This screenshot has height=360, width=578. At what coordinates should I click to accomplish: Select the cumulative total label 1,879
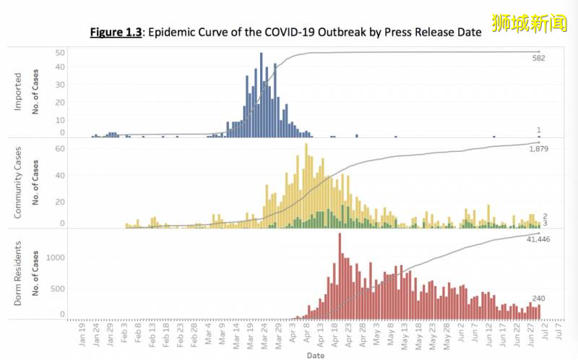(536, 149)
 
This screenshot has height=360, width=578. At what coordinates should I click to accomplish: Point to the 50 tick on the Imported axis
(60, 53)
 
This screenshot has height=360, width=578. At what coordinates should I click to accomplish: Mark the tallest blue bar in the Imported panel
(261, 95)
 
